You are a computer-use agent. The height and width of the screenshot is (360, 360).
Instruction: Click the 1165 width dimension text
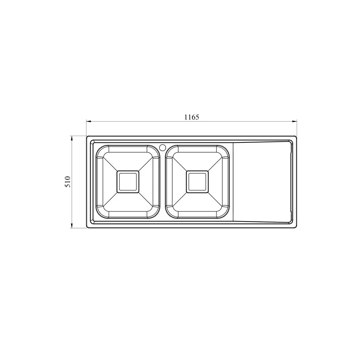click(x=192, y=117)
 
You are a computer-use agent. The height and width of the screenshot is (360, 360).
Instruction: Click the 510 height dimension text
click(x=68, y=182)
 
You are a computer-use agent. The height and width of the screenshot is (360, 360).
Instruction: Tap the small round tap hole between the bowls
click(x=162, y=147)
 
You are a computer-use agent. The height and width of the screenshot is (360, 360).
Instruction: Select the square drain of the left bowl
click(x=128, y=182)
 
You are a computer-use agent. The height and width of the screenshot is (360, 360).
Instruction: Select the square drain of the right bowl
click(x=197, y=182)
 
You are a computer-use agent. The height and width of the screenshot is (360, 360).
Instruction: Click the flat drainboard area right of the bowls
click(x=262, y=182)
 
